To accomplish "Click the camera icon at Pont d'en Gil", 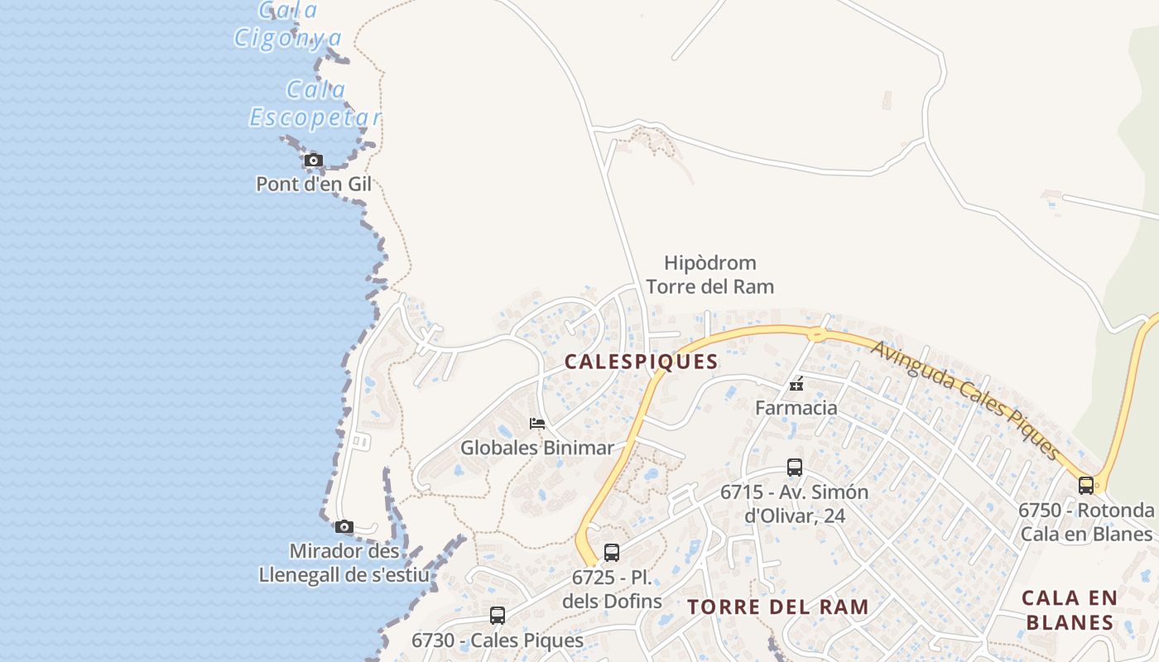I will coord(313,160).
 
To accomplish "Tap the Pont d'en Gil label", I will coord(314,184).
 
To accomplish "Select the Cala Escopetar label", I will coord(315,104).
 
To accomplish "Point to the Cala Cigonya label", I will coord(288,25).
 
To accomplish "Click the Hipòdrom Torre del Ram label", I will coord(710,275).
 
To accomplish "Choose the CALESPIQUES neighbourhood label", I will coord(641,362).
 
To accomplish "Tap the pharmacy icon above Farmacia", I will coord(796,385).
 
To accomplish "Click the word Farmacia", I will coord(796,408).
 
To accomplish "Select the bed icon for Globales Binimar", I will coord(537,424).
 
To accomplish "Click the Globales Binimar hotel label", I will coord(537,448).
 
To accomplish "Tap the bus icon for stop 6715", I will coord(795,468).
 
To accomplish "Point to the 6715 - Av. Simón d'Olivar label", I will coord(795,503).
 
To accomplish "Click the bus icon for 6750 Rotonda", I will coord(1086,486).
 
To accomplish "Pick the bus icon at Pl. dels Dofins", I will coord(612,553).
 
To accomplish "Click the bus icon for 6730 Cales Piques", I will coord(498,616).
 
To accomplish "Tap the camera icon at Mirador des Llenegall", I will coord(344,526).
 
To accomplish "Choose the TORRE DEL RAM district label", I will coord(778,607).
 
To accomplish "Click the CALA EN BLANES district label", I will coord(1070,610).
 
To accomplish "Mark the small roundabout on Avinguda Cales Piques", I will coord(817,334).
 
